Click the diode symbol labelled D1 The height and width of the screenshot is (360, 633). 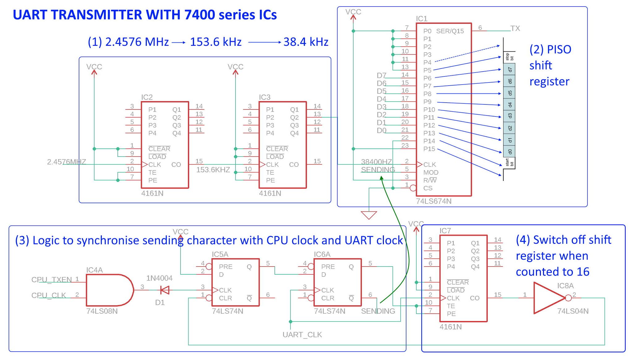[165, 290]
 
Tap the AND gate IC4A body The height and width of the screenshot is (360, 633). [108, 290]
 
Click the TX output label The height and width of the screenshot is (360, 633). [515, 28]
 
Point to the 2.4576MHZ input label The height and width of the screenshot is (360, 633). [66, 162]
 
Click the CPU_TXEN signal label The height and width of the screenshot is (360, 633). [51, 280]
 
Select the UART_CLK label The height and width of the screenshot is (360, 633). [302, 335]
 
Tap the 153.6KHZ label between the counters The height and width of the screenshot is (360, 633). [213, 170]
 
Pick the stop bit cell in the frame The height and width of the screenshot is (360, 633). [509, 57]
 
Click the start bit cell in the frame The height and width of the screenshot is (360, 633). [509, 163]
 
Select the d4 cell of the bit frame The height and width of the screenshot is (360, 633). [509, 105]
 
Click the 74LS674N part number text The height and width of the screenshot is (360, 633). [433, 201]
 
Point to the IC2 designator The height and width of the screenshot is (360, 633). [147, 97]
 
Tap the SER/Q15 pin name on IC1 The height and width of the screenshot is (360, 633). [450, 31]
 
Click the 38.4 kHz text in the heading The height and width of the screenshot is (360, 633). [305, 42]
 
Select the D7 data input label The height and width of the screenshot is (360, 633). [381, 75]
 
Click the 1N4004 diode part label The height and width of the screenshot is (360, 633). [159, 278]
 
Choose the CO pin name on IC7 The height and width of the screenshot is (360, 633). [474, 298]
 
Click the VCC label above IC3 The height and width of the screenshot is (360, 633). [235, 67]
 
